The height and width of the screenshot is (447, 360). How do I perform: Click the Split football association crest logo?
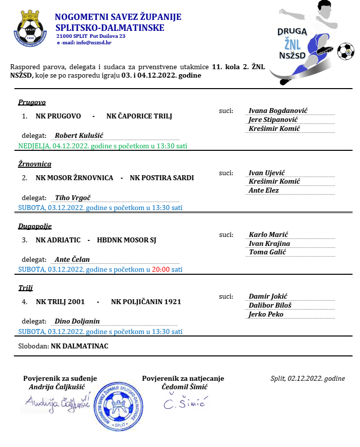click(30, 28)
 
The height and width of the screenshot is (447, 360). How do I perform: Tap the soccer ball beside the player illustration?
click(345, 50)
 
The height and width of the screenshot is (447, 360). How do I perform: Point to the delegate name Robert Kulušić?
click(79, 135)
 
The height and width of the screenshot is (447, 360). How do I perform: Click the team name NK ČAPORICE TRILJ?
click(139, 116)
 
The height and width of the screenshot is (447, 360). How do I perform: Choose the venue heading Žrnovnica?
click(35, 164)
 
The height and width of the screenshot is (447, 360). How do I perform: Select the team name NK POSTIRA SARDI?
click(162, 178)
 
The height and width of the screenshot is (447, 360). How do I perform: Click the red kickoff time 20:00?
click(161, 269)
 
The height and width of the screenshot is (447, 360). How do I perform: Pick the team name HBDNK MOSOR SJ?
click(126, 240)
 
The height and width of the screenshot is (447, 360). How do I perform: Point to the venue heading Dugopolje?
click(35, 226)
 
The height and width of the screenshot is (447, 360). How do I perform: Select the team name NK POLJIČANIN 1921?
click(146, 302)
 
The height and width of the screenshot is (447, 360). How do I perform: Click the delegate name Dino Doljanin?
click(77, 321)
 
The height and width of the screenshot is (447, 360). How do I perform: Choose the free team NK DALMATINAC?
click(80, 345)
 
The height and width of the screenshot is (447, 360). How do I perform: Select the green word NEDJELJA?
click(34, 146)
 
